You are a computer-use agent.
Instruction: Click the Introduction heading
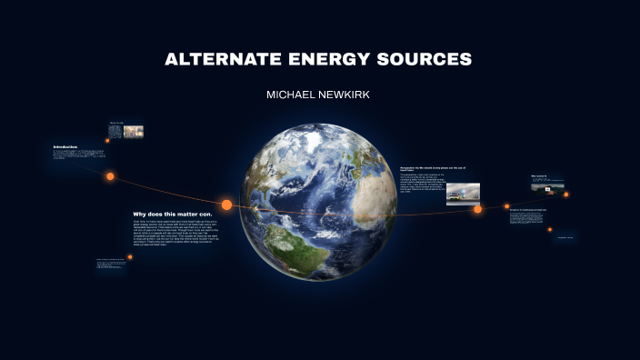65,146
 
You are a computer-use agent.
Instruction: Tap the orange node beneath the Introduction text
110,176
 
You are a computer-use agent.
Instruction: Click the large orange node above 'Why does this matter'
226,205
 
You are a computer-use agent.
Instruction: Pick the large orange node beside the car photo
477,209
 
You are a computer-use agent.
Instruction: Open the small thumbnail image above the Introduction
133,132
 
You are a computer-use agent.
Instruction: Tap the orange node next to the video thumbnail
565,194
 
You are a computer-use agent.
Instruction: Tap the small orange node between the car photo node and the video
507,206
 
